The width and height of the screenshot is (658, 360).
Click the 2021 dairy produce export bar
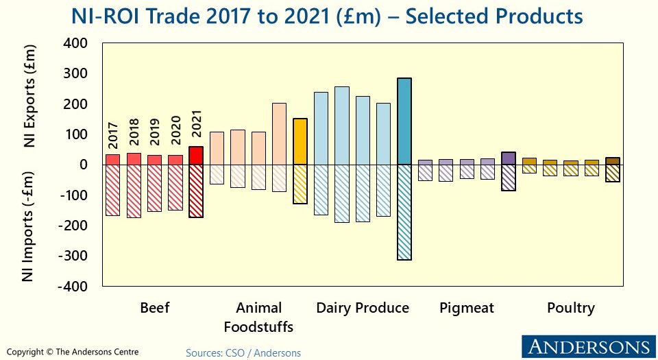coord(404,121)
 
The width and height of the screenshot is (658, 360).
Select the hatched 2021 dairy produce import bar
coord(404,212)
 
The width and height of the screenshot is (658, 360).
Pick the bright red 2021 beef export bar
coord(196,156)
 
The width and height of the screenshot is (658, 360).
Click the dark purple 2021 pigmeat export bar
coord(508,158)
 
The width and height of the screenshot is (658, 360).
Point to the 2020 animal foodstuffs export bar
coord(279,134)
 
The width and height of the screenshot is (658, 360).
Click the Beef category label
coord(154,308)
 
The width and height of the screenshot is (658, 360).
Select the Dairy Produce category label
coord(362,308)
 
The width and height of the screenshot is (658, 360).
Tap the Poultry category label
coord(570,308)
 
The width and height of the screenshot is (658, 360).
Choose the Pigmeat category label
coord(466,308)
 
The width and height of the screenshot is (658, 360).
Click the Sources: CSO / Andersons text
coord(243,352)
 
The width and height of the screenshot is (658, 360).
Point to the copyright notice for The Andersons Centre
coord(73,352)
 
